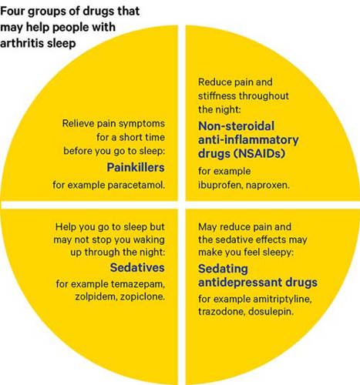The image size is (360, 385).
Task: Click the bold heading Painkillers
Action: (136, 167)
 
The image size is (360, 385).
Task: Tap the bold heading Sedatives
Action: (137, 267)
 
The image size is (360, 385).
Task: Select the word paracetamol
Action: (136, 185)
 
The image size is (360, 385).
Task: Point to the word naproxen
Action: (267, 185)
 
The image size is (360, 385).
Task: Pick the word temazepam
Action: (138, 284)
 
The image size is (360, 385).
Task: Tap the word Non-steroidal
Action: (236, 126)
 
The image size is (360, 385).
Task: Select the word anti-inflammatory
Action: (248, 140)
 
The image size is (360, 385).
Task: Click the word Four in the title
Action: (12, 11)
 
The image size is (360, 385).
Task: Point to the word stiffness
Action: (217, 95)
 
